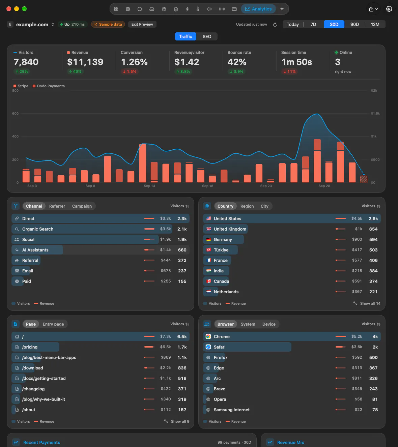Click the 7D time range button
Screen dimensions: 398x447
click(x=313, y=24)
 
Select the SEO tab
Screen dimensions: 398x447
click(x=207, y=36)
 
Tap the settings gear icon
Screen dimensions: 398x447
click(x=389, y=9)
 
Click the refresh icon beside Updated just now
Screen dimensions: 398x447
click(x=275, y=25)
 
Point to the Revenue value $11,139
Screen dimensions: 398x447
click(x=85, y=62)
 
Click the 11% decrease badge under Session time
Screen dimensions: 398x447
click(x=289, y=71)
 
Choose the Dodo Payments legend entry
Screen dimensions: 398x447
click(x=49, y=86)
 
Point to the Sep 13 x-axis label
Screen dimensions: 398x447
click(x=149, y=186)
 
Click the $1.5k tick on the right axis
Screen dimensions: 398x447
click(x=375, y=113)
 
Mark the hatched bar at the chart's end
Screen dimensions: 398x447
click(x=364, y=179)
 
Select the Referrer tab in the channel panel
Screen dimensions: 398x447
click(x=57, y=206)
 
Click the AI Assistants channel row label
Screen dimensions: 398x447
click(x=35, y=250)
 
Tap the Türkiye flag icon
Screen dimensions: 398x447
click(x=208, y=250)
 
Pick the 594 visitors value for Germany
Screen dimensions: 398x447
click(x=373, y=239)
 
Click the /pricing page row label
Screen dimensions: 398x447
click(x=30, y=347)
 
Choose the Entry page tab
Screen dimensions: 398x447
click(x=53, y=324)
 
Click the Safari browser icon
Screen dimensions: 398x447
click(x=208, y=347)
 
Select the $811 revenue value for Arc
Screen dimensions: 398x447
click(x=357, y=378)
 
